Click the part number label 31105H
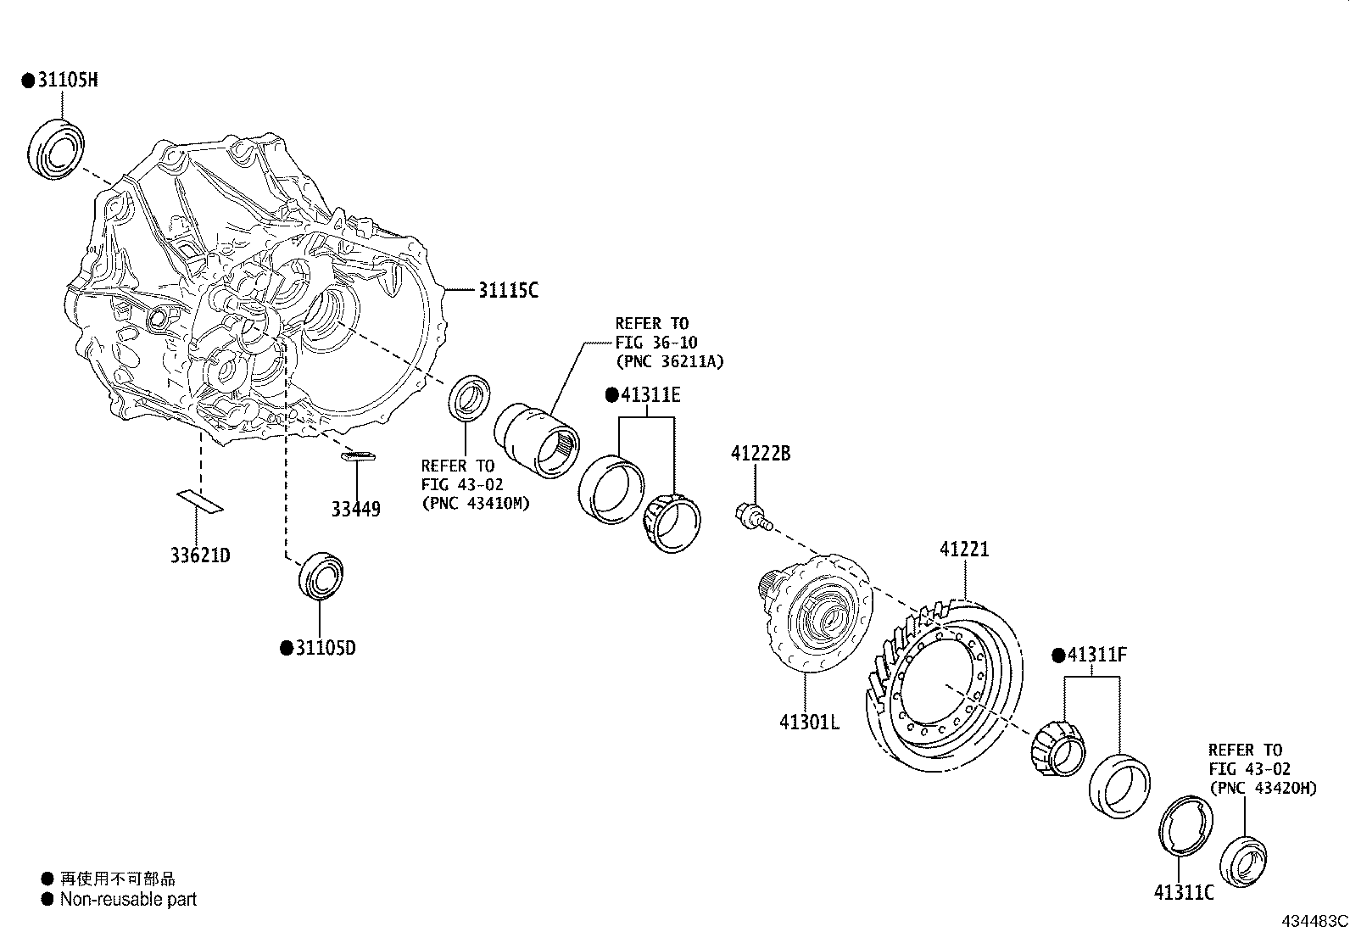pyautogui.click(x=66, y=80)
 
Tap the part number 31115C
pyautogui.click(x=507, y=290)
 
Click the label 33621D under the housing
pyautogui.click(x=200, y=555)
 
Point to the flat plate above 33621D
pyautogui.click(x=199, y=500)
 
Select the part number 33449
pyautogui.click(x=355, y=509)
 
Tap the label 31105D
pyautogui.click(x=325, y=648)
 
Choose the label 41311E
pyautogui.click(x=650, y=395)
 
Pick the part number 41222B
pyautogui.click(x=761, y=454)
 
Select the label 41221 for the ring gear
pyautogui.click(x=964, y=550)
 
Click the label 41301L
pyautogui.click(x=809, y=723)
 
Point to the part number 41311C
pyautogui.click(x=1184, y=892)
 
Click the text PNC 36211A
pyautogui.click(x=670, y=361)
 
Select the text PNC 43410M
pyautogui.click(x=475, y=503)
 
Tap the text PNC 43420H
pyautogui.click(x=1263, y=788)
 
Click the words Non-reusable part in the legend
pyautogui.click(x=128, y=899)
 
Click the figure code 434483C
pyautogui.click(x=1314, y=921)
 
